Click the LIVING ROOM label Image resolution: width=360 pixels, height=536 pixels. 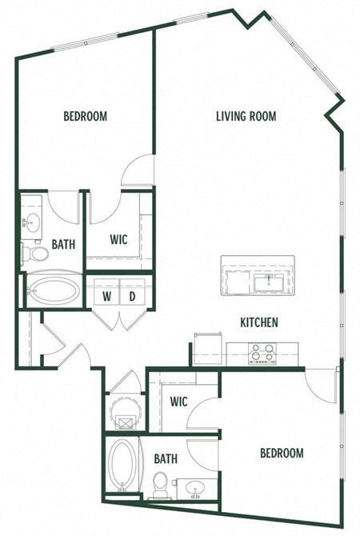coord(246,116)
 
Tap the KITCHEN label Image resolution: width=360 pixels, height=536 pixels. coord(259,322)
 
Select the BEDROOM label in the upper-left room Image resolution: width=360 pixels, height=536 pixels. coord(85,116)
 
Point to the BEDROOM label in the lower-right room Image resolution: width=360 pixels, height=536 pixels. coord(282,453)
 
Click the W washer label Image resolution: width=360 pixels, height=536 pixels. coord(106,296)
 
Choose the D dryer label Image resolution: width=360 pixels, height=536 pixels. coord(134,296)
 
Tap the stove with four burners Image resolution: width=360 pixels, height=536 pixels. coord(262,353)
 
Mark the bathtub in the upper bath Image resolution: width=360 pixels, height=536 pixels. coord(54,290)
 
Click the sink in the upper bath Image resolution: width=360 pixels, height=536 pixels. coord(32,222)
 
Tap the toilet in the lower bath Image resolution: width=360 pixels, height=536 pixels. coord(161,485)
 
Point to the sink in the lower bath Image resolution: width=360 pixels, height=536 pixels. coord(194,486)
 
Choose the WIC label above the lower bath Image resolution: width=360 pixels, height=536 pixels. coord(178,402)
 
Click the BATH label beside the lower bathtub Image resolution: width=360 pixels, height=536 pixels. coord(166,459)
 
